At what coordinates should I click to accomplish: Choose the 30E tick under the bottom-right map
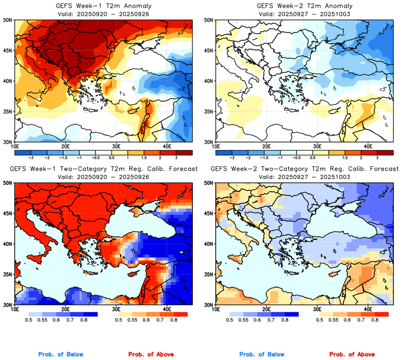[x=317, y=309]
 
